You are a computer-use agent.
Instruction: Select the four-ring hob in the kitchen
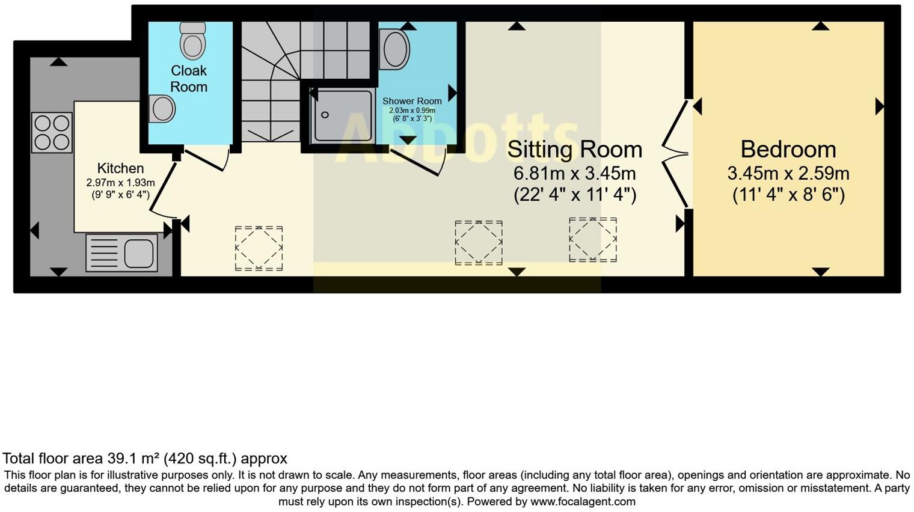click(x=52, y=133)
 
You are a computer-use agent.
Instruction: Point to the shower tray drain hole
click(x=325, y=115)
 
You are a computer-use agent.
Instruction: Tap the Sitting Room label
click(x=574, y=150)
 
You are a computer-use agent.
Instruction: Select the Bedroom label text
click(x=788, y=150)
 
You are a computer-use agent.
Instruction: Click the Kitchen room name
click(x=120, y=168)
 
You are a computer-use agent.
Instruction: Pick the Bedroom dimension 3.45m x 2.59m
click(x=788, y=174)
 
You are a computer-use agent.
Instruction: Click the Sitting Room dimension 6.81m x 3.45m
click(x=574, y=174)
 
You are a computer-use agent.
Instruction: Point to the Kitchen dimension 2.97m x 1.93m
click(x=120, y=183)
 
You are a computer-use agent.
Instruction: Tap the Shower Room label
click(x=412, y=101)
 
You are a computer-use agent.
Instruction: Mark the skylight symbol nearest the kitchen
click(x=259, y=248)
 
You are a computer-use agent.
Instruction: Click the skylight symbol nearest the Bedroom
click(x=592, y=240)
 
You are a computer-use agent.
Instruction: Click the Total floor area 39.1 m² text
click(x=144, y=459)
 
